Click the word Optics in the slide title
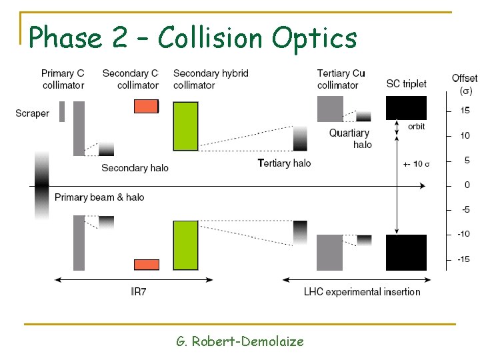[315, 38]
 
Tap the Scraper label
[33, 113]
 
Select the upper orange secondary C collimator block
[146, 106]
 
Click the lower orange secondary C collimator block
[146, 265]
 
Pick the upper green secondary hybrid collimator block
[185, 126]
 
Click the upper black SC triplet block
[406, 108]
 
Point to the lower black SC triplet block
[406, 252]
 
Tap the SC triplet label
[406, 84]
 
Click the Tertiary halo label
[284, 163]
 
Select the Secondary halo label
[135, 168]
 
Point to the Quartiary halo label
[350, 139]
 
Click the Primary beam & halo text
[99, 197]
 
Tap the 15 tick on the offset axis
[465, 111]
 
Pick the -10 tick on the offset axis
[463, 234]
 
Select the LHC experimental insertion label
[362, 291]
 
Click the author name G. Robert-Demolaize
[240, 341]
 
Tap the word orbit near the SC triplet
[417, 127]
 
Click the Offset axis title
[464, 79]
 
